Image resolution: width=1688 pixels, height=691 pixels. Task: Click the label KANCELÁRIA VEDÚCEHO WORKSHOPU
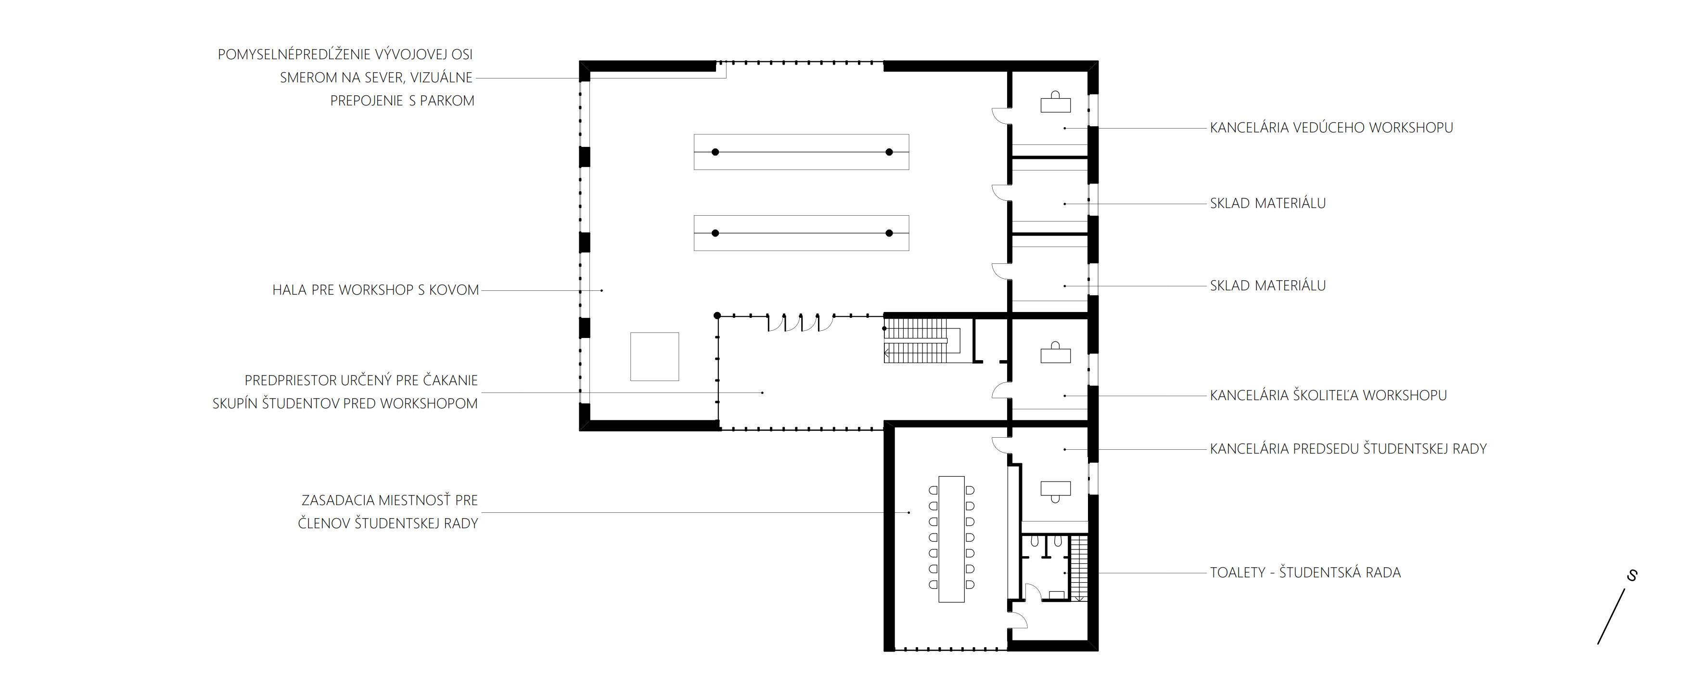pyautogui.click(x=1331, y=128)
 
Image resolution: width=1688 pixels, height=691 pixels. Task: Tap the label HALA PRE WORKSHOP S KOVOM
pyautogui.click(x=375, y=290)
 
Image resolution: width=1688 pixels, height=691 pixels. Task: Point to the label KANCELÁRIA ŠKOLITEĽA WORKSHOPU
pyautogui.click(x=1328, y=395)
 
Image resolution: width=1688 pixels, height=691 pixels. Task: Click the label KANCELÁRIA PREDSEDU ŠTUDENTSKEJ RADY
pyautogui.click(x=1348, y=449)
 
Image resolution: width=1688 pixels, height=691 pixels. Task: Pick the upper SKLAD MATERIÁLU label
pyautogui.click(x=1267, y=204)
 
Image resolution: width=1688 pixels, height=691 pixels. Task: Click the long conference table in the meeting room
pyautogui.click(x=951, y=539)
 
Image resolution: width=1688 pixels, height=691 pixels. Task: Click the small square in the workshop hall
pyautogui.click(x=654, y=357)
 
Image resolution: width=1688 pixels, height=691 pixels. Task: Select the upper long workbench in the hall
pyautogui.click(x=801, y=152)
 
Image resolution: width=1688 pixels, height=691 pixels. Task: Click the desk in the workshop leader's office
pyautogui.click(x=1056, y=104)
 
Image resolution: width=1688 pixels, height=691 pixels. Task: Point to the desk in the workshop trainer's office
pyautogui.click(x=1056, y=355)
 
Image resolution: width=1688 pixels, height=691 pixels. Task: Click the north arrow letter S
pyautogui.click(x=1632, y=575)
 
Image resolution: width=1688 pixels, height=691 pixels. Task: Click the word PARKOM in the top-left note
pyautogui.click(x=447, y=101)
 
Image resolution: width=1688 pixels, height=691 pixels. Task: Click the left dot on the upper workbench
pyautogui.click(x=716, y=152)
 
